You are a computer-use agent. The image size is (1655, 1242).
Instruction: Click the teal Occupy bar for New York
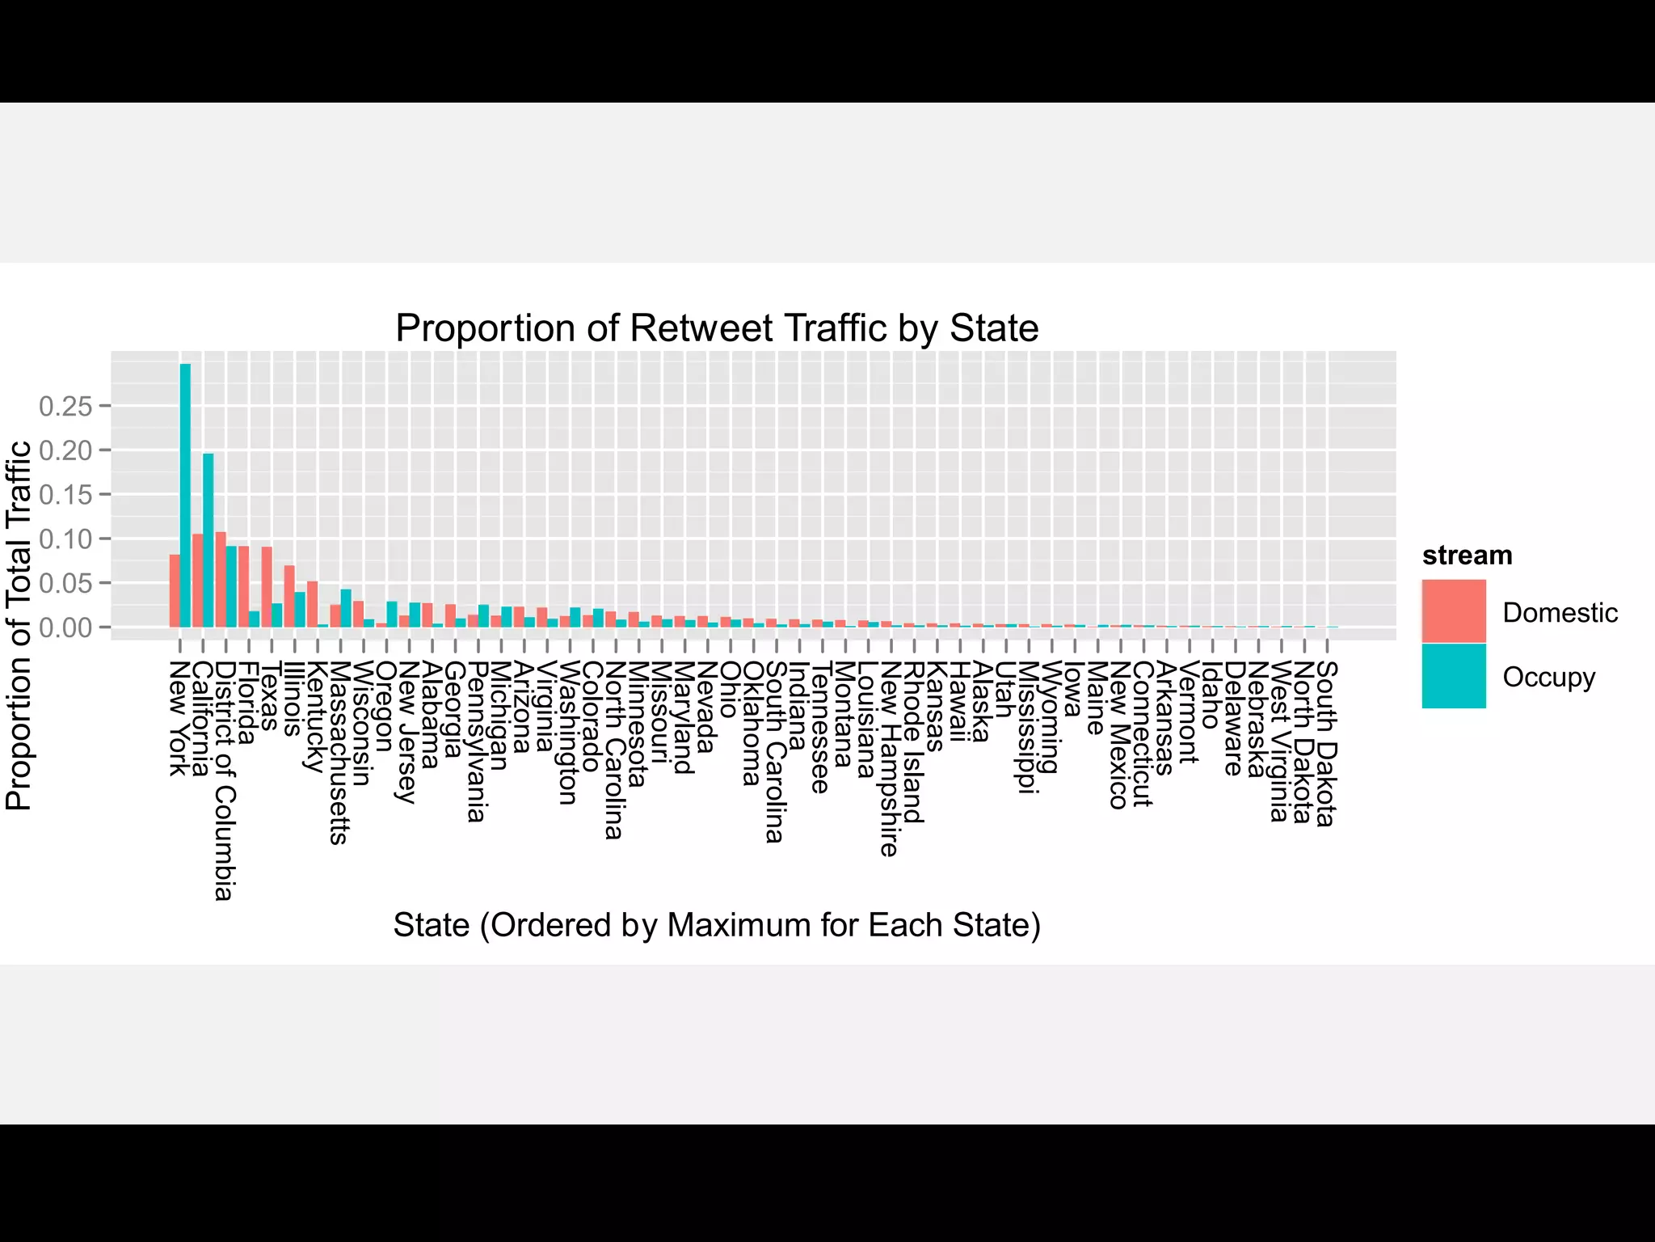click(185, 495)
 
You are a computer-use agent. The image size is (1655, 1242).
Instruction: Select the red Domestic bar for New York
click(175, 591)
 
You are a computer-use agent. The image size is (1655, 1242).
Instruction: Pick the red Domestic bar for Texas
click(267, 587)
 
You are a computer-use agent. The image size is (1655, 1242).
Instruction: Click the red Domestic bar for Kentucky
click(313, 604)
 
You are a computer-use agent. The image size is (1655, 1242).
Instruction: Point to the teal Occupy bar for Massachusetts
click(346, 608)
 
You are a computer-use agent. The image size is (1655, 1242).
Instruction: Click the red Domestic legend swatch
click(1453, 611)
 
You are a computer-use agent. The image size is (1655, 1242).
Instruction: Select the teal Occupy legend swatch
click(1453, 676)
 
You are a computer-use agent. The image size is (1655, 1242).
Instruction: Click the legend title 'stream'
click(1467, 556)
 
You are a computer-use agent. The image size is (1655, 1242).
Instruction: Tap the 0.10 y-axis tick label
click(65, 539)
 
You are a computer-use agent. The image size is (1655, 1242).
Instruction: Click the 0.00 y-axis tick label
click(65, 627)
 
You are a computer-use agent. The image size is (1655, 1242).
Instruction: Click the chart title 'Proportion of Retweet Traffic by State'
click(717, 328)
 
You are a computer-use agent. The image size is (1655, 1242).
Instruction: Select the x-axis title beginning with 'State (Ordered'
click(717, 925)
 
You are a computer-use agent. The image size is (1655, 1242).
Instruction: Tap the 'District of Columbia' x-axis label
click(225, 780)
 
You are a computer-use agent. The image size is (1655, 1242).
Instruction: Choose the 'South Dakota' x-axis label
click(1327, 743)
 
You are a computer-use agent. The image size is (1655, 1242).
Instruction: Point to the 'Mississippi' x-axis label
click(1027, 727)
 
